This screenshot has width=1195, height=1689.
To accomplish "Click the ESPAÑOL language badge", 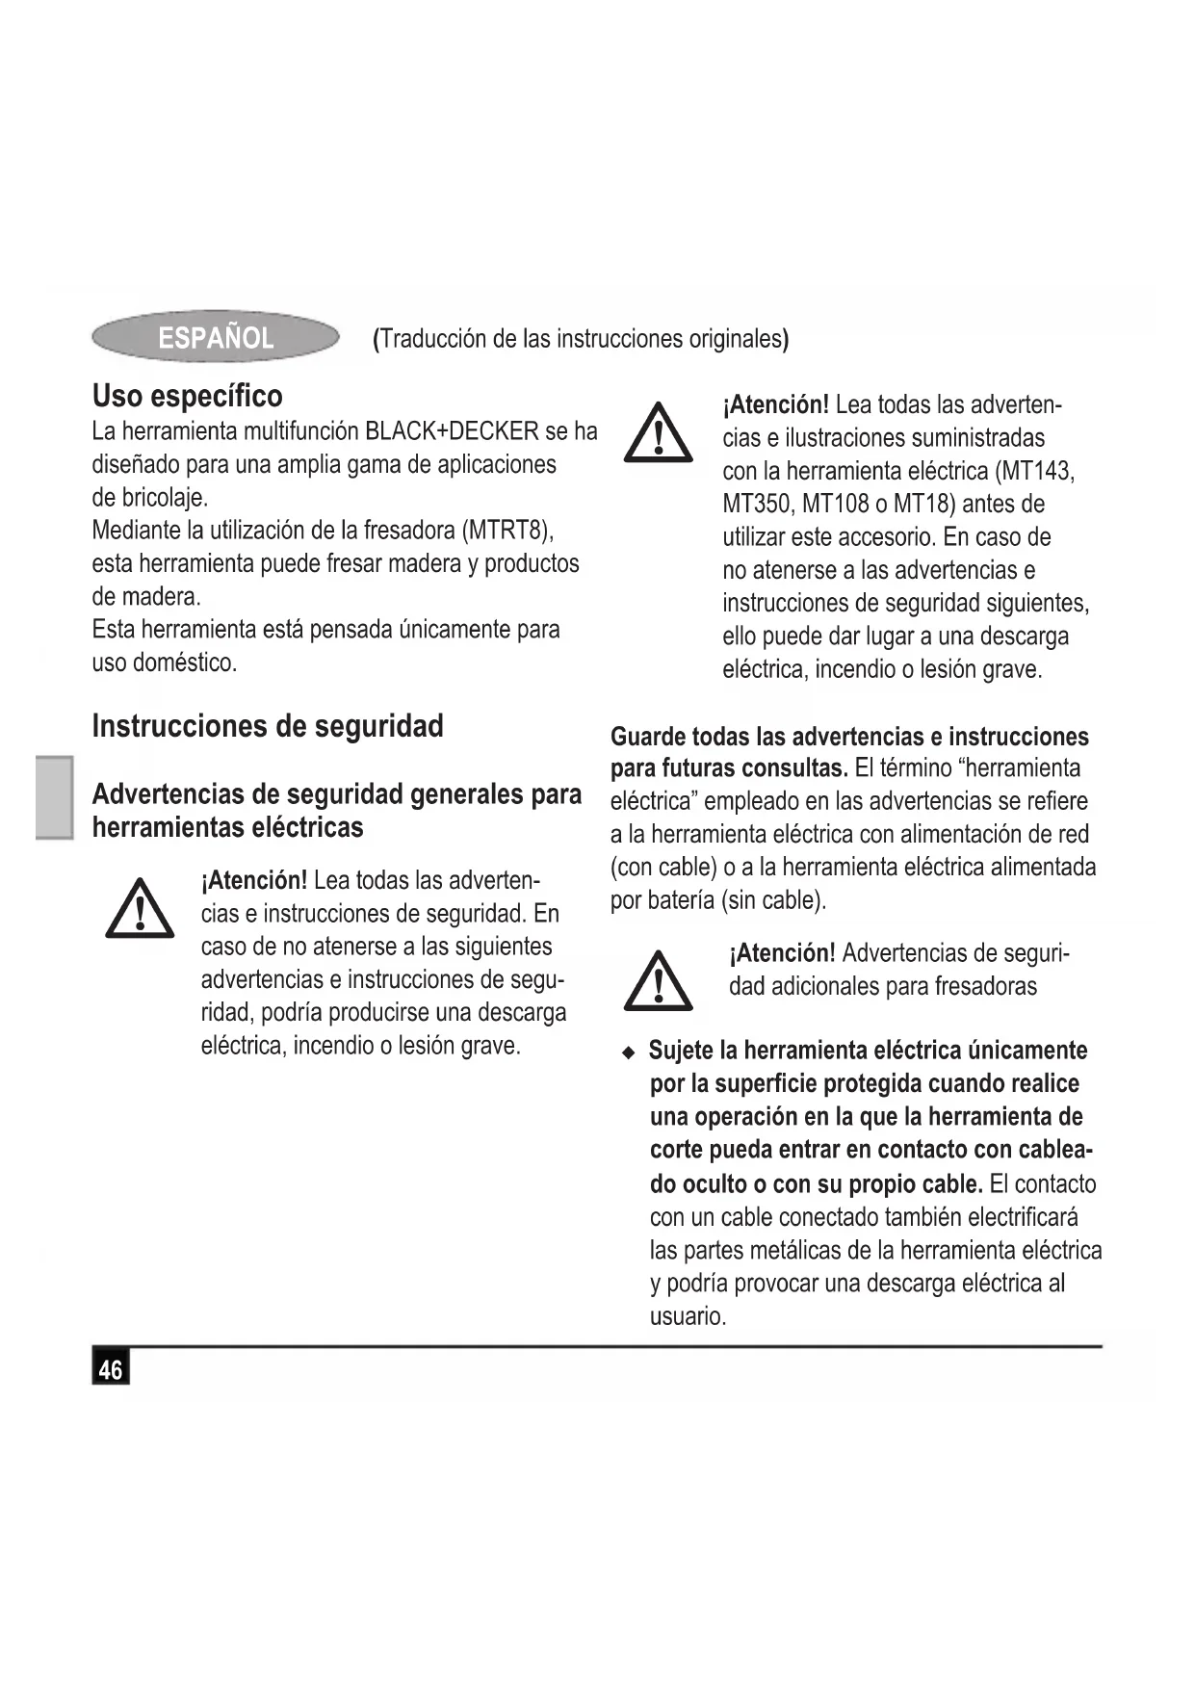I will pyautogui.click(x=216, y=337).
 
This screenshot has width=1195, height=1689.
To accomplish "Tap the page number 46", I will pyautogui.click(x=111, y=1368).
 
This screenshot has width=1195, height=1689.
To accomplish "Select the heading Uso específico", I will pyautogui.click(x=187, y=396).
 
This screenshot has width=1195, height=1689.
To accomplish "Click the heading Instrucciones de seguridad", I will pyautogui.click(x=268, y=725).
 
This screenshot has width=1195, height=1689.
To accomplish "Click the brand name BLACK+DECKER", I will pyautogui.click(x=452, y=430).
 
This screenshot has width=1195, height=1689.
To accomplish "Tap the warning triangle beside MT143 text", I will pyautogui.click(x=658, y=434).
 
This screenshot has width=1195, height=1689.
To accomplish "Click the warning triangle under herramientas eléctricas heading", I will pyautogui.click(x=140, y=909).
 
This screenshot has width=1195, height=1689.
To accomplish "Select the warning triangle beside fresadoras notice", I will pyautogui.click(x=658, y=982).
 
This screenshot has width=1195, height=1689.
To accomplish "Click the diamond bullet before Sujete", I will pyautogui.click(x=629, y=1052).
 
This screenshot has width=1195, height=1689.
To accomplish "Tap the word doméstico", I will pyautogui.click(x=188, y=663).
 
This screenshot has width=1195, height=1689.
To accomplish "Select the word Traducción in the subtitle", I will pyautogui.click(x=433, y=339).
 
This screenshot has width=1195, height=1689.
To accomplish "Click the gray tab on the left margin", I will pyautogui.click(x=55, y=797).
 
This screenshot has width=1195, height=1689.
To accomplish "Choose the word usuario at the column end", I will pyautogui.click(x=687, y=1316).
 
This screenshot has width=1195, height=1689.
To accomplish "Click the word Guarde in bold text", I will pyautogui.click(x=648, y=737).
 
